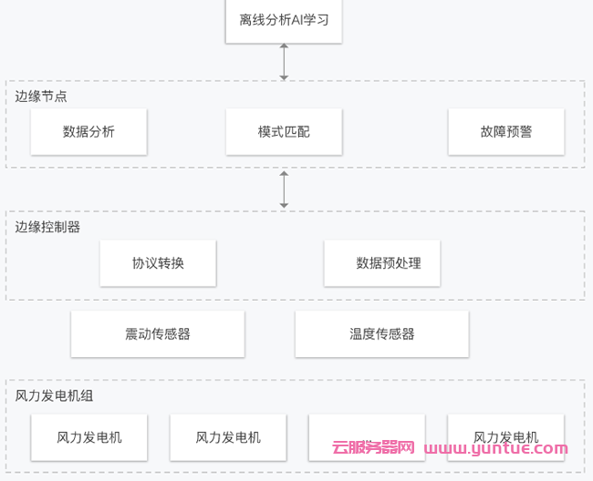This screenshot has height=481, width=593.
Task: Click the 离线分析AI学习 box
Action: tap(284, 20)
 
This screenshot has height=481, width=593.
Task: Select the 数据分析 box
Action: tap(88, 132)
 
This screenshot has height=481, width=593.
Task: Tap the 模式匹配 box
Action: tap(284, 132)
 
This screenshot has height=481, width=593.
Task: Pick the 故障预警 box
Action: tap(505, 132)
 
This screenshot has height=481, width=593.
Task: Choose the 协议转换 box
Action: tap(158, 263)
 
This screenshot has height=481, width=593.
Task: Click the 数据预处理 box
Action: tap(382, 263)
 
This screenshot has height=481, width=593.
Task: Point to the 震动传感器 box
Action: tap(158, 333)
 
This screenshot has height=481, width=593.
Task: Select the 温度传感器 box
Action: tap(381, 333)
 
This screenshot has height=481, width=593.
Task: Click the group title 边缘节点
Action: tap(41, 96)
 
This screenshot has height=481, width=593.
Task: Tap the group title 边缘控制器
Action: tap(47, 227)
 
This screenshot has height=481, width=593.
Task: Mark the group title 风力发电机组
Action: tap(54, 395)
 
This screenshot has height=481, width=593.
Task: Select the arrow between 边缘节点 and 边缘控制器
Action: tap(284, 189)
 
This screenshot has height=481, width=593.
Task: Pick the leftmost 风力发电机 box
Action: tap(88, 437)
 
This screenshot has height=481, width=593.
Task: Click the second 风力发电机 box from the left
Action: tap(228, 437)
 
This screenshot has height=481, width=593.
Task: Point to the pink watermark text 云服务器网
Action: tap(373, 448)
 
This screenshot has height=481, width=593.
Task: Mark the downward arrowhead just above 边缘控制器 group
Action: tap(284, 205)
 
